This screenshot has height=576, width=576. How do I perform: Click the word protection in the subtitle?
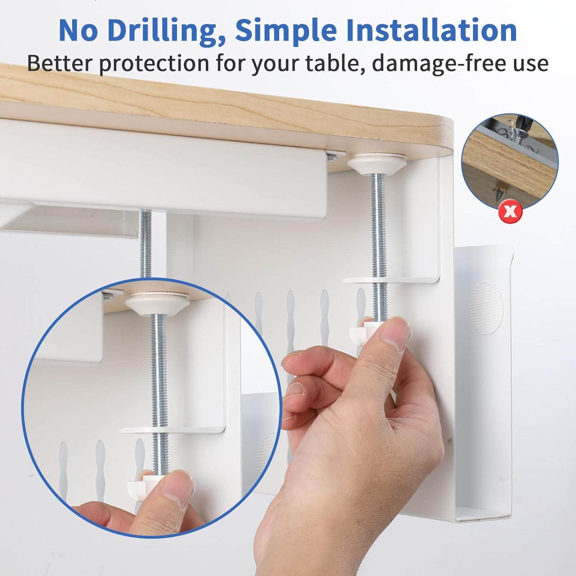coord(154,63)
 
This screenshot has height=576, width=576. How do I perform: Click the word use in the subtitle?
coord(532,63)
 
